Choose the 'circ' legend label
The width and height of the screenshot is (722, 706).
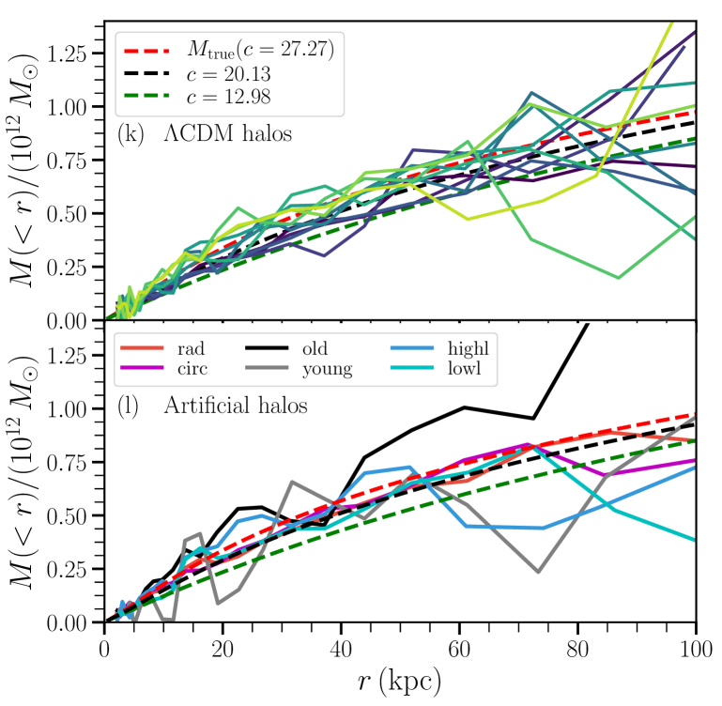point(191,368)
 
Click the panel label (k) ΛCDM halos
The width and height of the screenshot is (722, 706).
point(205,134)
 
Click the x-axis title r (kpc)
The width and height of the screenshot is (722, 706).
point(400,678)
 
